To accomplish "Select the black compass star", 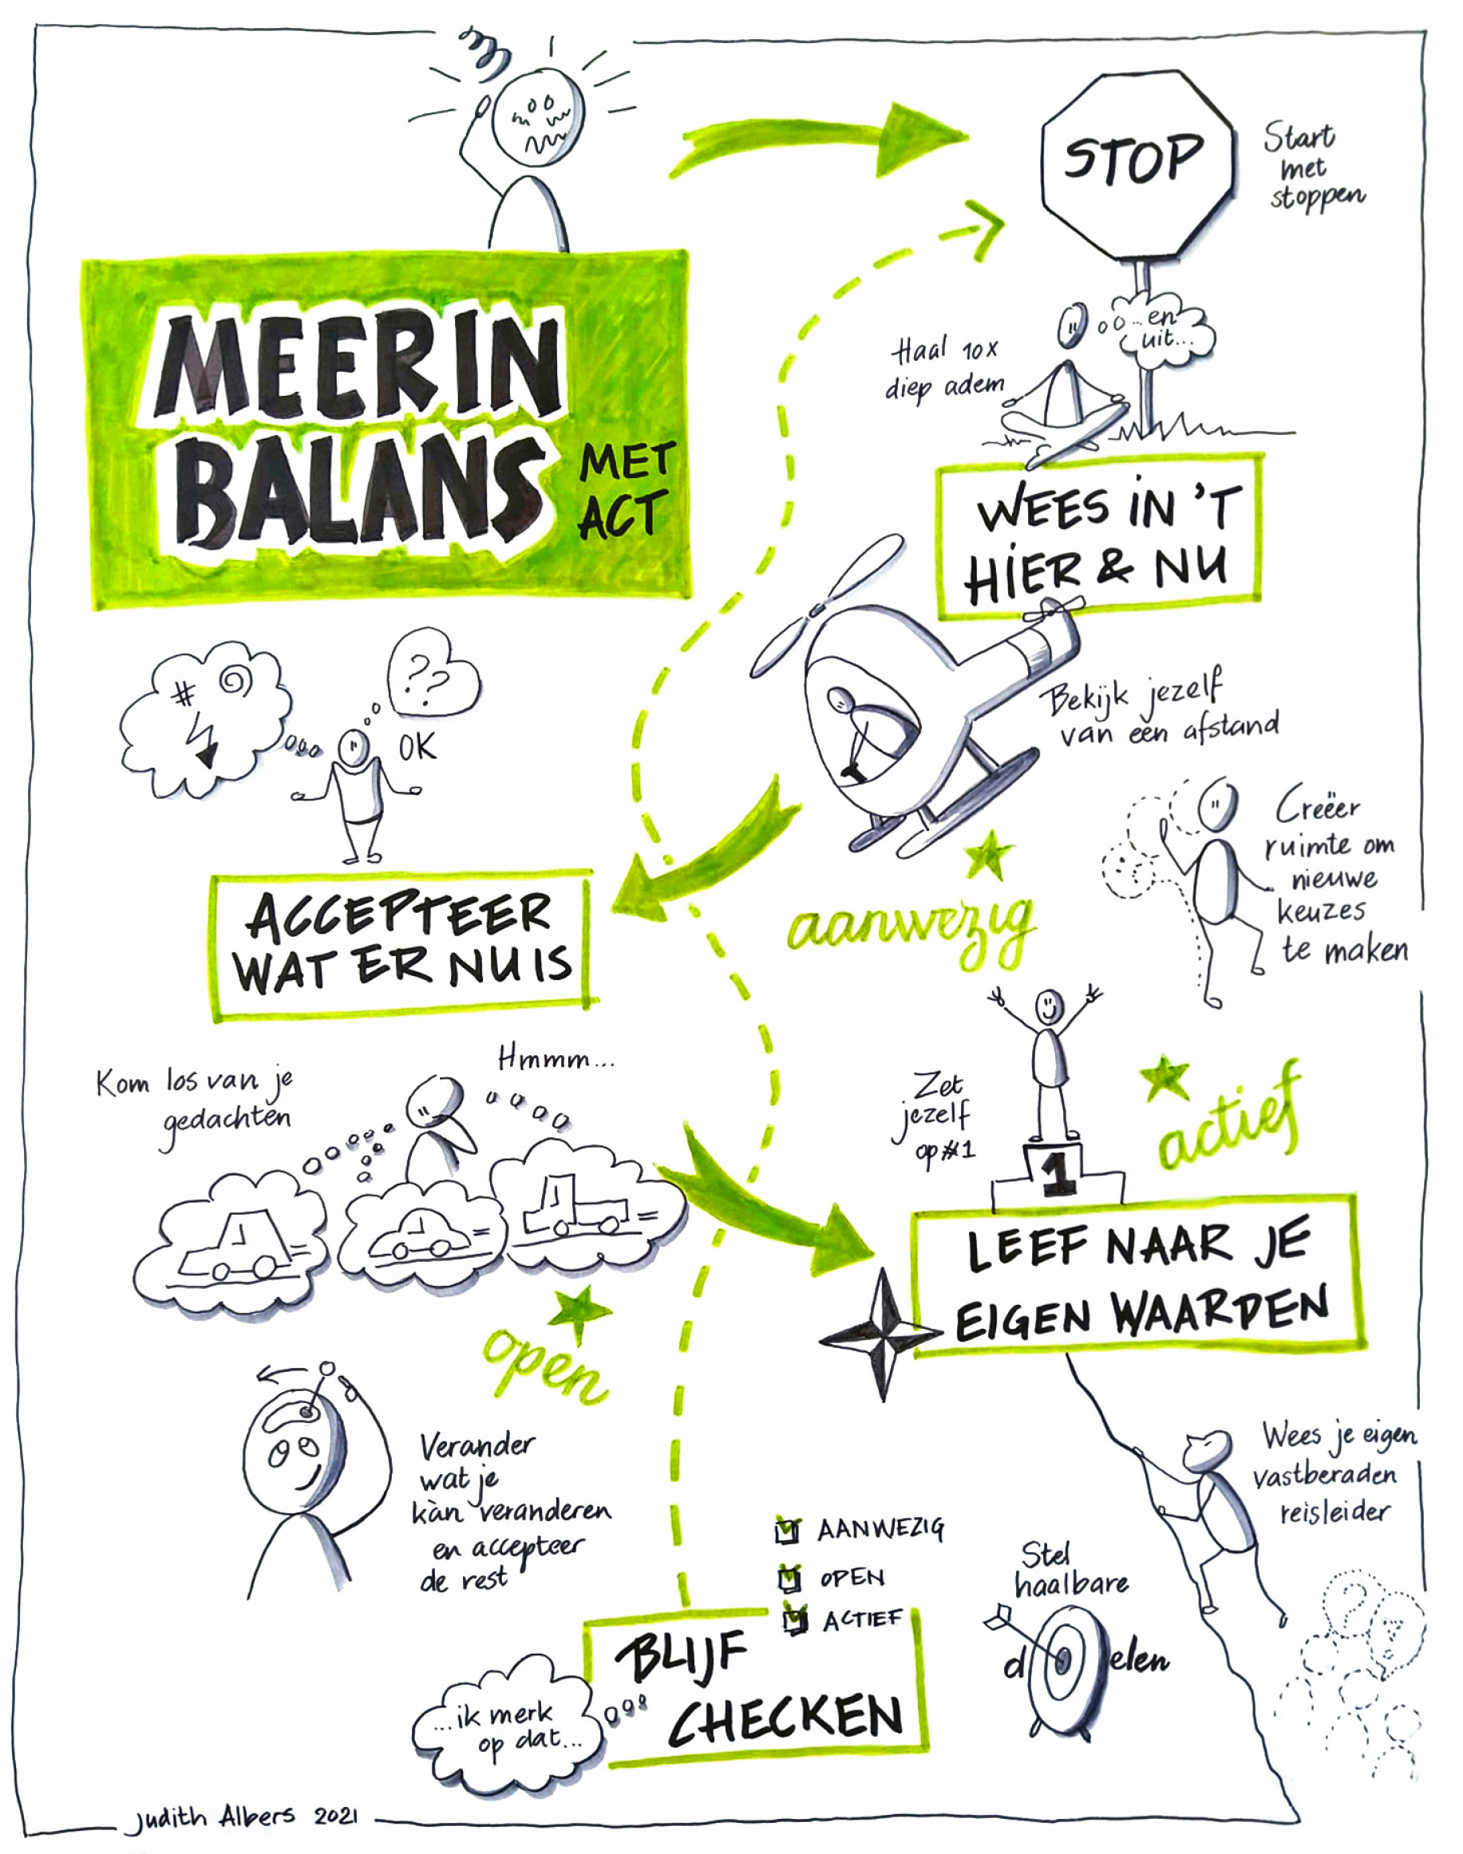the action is tap(883, 1334).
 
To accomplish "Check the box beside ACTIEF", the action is tap(796, 1619).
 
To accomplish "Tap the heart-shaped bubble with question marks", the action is tap(433, 672).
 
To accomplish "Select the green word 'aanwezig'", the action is tap(911, 931).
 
